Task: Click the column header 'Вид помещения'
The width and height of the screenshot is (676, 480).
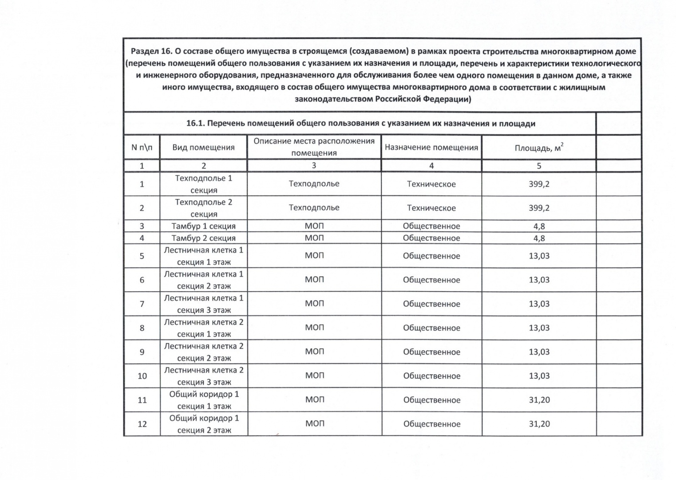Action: pyautogui.click(x=203, y=147)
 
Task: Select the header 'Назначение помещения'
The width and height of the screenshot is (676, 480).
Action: pyautogui.click(x=431, y=147)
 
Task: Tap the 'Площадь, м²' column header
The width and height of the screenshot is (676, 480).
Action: pyautogui.click(x=539, y=147)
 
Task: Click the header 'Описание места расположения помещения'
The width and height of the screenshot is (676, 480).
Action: pyautogui.click(x=314, y=147)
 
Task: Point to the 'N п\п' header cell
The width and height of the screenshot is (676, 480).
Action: pyautogui.click(x=142, y=147)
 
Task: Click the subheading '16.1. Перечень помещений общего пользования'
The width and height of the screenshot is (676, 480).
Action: pyautogui.click(x=360, y=123)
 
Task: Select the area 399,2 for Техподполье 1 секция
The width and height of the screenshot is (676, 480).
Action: pyautogui.click(x=539, y=184)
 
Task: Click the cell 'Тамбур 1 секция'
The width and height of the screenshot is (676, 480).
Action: pyautogui.click(x=203, y=226)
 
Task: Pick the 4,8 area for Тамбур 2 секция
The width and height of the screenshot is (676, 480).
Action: pyautogui.click(x=539, y=238)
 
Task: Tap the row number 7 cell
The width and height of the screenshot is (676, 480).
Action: pyautogui.click(x=142, y=304)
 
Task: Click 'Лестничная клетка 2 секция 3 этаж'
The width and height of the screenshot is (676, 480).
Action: pyautogui.click(x=203, y=376)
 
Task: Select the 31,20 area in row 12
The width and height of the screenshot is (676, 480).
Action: pyautogui.click(x=539, y=424)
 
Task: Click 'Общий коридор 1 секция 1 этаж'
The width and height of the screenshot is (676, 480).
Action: pyautogui.click(x=203, y=400)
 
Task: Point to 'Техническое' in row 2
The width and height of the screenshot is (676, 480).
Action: pyautogui.click(x=431, y=208)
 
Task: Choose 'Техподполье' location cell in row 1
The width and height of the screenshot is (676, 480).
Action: pyautogui.click(x=314, y=184)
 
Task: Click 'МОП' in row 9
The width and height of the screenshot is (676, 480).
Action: pyautogui.click(x=314, y=352)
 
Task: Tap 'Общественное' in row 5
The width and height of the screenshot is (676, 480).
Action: pyautogui.click(x=431, y=256)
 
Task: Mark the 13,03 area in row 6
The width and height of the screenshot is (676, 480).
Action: pyautogui.click(x=539, y=280)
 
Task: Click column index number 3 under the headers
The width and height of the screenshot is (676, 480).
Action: pyautogui.click(x=314, y=166)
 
